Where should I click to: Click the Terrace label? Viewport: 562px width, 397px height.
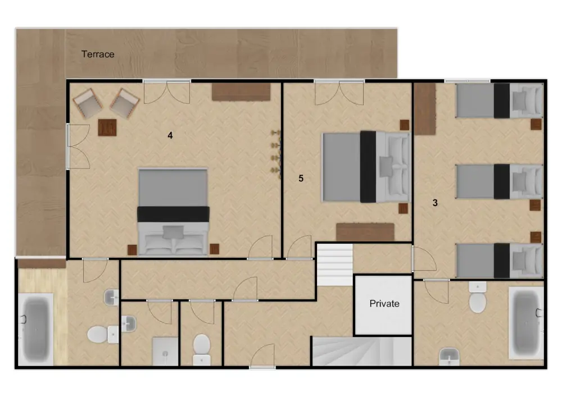(x=98, y=54)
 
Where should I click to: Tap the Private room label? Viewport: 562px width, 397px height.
(x=384, y=304)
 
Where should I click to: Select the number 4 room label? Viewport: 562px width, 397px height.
(x=170, y=135)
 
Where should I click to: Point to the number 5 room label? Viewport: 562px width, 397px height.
(x=301, y=179)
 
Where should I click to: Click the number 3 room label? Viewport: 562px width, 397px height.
(x=435, y=203)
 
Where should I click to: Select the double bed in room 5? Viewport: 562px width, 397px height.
(x=365, y=166)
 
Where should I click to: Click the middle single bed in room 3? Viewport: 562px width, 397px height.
(x=498, y=181)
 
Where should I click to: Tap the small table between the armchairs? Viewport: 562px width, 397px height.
(x=107, y=128)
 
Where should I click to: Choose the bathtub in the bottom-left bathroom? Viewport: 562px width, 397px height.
(x=36, y=329)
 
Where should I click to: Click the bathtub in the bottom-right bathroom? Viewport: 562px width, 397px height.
(x=525, y=323)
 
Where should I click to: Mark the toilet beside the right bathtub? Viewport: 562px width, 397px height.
(x=478, y=301)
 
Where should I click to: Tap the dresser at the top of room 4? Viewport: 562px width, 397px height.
(x=241, y=92)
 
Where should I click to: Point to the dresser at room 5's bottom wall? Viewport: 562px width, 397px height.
(x=365, y=231)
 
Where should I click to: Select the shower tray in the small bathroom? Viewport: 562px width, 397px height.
(x=165, y=351)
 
